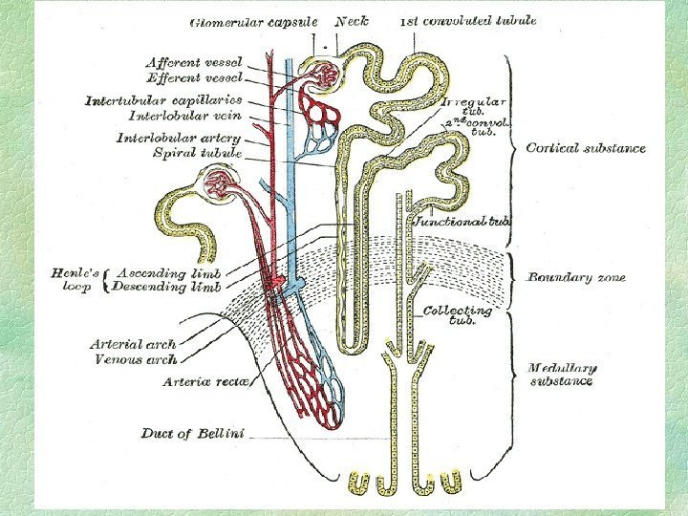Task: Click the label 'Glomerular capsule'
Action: pos(254,21)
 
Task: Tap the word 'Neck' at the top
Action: pos(353,20)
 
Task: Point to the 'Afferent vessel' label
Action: pos(195,62)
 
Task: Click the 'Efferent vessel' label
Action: pos(195,76)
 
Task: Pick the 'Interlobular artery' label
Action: pos(179,138)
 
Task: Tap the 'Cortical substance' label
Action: pos(586,148)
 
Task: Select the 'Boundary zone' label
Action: pos(576,277)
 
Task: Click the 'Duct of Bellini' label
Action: pos(192,433)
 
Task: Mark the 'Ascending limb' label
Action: pos(167,272)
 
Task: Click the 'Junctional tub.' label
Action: pos(462,222)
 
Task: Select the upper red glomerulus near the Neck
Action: pos(329,73)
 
